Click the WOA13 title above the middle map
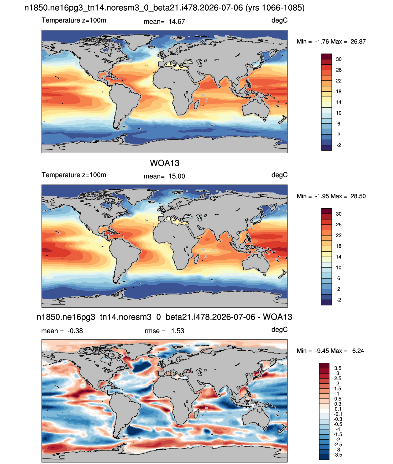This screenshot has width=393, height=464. pyautogui.click(x=165, y=163)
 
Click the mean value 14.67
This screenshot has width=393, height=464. pyautogui.click(x=176, y=22)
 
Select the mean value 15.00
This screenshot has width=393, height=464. pyautogui.click(x=176, y=176)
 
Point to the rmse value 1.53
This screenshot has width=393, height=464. pyautogui.click(x=177, y=331)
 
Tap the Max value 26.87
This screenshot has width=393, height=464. pyautogui.click(x=358, y=42)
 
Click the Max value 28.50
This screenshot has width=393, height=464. pyautogui.click(x=358, y=196)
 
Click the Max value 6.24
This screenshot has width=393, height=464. pyautogui.click(x=358, y=351)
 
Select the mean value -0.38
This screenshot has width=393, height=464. pyautogui.click(x=75, y=331)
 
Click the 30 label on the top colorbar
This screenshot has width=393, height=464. pyautogui.click(x=339, y=59)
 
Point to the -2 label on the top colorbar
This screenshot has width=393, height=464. pyautogui.click(x=339, y=145)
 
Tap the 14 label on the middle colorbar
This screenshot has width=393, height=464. pyautogui.click(x=339, y=257)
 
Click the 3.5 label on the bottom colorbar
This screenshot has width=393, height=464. pyautogui.click(x=338, y=368)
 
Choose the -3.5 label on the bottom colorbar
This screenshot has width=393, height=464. pyautogui.click(x=338, y=455)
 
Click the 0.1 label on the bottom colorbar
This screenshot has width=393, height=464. pyautogui.click(x=338, y=409)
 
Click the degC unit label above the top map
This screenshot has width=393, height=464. pyautogui.click(x=279, y=20)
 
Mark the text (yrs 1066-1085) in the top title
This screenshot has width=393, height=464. pyautogui.click(x=275, y=8)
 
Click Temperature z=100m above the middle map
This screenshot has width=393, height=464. pyautogui.click(x=74, y=175)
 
